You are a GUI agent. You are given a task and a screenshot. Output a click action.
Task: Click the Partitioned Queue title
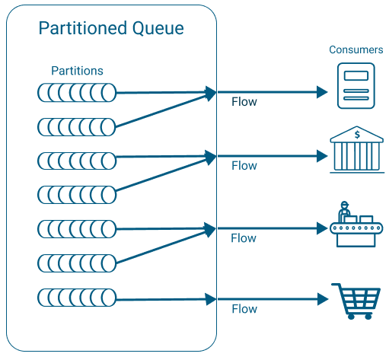tap(111, 29)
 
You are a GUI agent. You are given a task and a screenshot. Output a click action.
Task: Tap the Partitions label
tap(77, 71)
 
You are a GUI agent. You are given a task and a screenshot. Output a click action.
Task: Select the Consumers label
tap(356, 49)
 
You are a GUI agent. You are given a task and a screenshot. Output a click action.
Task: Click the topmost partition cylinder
tap(77, 93)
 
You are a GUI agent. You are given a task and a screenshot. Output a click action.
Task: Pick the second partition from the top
tap(77, 126)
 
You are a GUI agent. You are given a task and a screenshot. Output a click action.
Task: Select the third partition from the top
tap(77, 160)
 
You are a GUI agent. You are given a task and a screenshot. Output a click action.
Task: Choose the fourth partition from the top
tap(77, 193)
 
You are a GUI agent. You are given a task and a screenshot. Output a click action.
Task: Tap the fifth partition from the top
tap(77, 228)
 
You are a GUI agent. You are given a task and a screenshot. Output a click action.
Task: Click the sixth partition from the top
tap(77, 263)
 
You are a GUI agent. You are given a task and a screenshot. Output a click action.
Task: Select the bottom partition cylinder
tap(77, 296)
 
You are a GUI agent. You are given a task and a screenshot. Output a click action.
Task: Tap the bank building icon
tap(356, 152)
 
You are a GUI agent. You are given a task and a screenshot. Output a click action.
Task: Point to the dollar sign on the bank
tap(356, 135)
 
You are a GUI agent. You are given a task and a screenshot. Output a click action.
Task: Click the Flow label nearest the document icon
tap(244, 101)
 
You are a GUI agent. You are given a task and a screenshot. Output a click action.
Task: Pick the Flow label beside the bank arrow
tap(244, 165)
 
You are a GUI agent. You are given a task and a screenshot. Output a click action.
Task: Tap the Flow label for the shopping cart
tap(244, 309)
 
